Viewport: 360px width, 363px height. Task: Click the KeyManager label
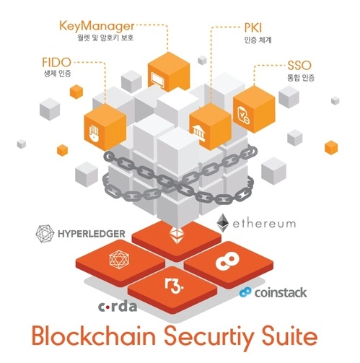[x=97, y=26]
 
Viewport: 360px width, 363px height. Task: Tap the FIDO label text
[x=56, y=62]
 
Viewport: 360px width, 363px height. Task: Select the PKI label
[x=253, y=28]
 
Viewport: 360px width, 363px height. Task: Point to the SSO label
[x=299, y=66]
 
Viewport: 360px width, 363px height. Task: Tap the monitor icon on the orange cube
[x=157, y=79]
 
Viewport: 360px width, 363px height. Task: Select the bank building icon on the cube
[x=198, y=132]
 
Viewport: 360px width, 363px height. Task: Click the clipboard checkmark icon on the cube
[x=244, y=115]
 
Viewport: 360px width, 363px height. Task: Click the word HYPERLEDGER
[x=92, y=234]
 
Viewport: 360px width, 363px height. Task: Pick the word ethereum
[x=264, y=224]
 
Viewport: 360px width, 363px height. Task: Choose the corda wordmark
[x=118, y=307]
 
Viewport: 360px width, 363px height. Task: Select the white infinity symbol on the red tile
[x=227, y=261]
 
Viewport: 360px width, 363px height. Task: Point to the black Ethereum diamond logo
[x=222, y=223]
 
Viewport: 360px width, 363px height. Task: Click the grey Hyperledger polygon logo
[x=45, y=233]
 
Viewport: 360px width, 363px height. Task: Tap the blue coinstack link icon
[x=245, y=292]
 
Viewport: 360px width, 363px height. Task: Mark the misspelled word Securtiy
[x=208, y=338]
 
